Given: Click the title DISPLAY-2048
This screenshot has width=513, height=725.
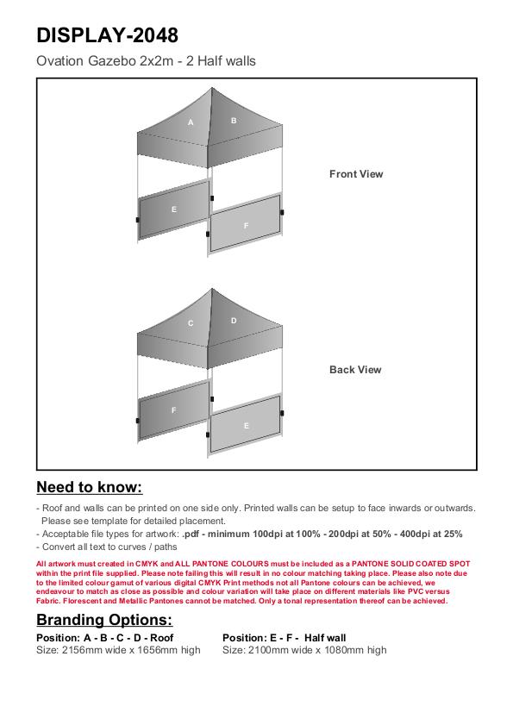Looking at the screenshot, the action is coord(107,35).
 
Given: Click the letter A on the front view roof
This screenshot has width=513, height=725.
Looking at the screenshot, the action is coord(191,122).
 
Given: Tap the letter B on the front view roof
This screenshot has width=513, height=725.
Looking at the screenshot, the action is coord(234,121).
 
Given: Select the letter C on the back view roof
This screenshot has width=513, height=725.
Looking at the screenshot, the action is coord(191,323).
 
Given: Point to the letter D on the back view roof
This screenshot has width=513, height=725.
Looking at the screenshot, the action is coord(234,321).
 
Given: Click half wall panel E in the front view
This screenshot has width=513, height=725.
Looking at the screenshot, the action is coord(174,209).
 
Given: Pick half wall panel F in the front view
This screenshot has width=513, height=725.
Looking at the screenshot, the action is coord(246,225).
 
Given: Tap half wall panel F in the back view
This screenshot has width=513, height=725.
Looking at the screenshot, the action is coord(174,410).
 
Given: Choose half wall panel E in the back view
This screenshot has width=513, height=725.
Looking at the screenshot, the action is coord(246,425).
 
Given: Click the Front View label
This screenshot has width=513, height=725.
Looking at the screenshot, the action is coord(356,174).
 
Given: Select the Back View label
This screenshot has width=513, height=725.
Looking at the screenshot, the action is coord(355,370).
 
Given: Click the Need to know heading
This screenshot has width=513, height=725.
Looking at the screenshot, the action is coord(90,487).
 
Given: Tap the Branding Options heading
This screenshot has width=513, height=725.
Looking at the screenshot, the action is coord(104,620).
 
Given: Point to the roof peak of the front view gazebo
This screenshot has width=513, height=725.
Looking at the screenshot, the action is coord(212,88).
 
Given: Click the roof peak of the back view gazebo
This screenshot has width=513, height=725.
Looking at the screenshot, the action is coord(212,289).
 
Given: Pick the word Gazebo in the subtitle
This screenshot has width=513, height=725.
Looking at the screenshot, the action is coord(112,61).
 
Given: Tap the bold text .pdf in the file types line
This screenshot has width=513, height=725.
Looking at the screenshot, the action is coord(191,534).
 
